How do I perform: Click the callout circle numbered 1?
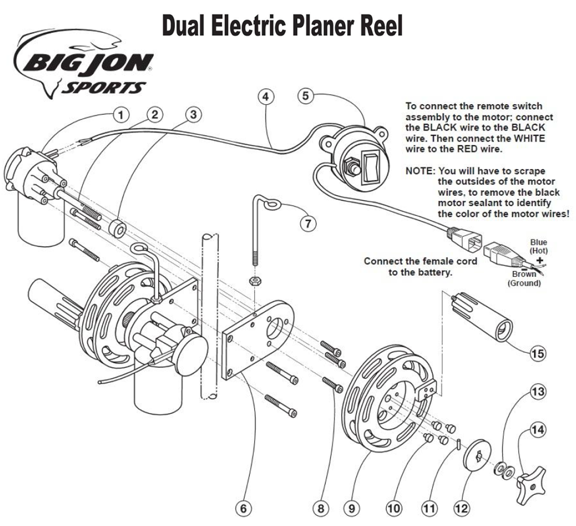point(120,115)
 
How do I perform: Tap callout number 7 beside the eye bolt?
point(308,223)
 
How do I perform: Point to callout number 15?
point(538,353)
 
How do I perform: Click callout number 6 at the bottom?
point(243,508)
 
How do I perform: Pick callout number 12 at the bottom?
point(461,508)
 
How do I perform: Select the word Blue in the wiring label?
point(538,242)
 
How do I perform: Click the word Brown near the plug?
point(524,274)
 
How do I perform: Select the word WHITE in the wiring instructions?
point(529,138)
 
